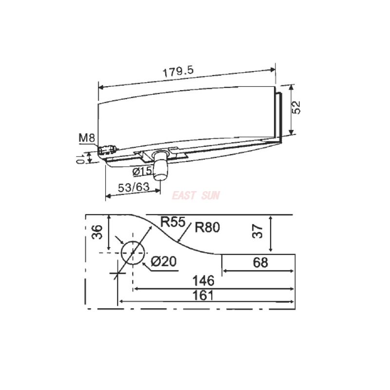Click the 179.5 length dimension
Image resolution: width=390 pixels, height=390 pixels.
point(178,70)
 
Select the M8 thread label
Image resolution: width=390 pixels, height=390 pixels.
point(87,138)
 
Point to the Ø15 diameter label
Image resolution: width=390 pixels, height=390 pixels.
point(142,171)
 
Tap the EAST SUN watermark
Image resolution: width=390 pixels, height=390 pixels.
point(196,196)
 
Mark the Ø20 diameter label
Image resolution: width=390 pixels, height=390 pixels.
point(163,261)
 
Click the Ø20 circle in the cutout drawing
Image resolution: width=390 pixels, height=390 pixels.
point(132,253)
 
